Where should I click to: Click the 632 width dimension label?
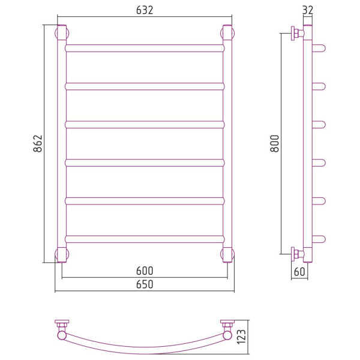tap(145, 10)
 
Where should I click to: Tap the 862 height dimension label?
tap(38, 143)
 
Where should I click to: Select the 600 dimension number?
tap(145, 271)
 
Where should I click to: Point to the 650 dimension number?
tap(145, 284)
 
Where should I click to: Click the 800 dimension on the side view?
tap(275, 143)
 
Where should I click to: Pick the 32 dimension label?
tap(308, 10)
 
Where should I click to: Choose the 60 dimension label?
tap(299, 272)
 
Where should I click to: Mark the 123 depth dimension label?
tap(241, 337)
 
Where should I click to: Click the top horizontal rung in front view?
tap(145, 48)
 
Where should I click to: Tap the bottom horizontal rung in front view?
tap(145, 239)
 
